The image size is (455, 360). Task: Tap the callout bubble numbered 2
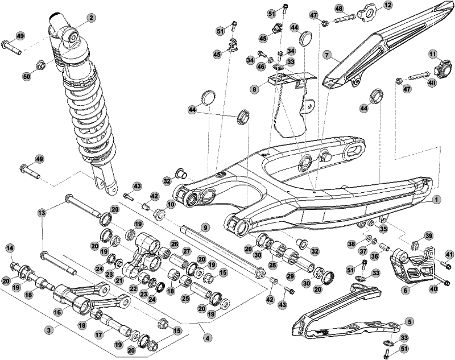pos(90,18)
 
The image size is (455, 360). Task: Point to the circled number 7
pos(327,55)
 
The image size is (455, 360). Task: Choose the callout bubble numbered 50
pos(27,77)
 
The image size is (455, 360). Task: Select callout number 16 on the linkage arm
pos(57,312)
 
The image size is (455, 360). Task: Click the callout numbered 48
pos(339,9)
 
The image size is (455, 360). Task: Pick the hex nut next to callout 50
pos(42,65)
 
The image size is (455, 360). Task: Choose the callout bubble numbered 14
pos(9,247)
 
